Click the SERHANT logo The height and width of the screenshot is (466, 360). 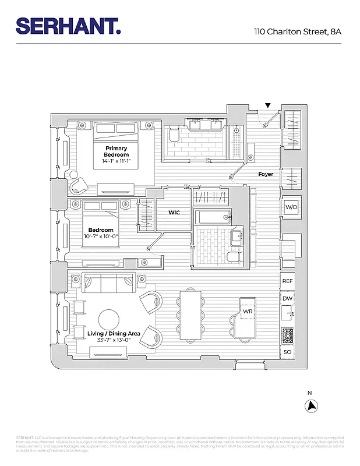tap(68, 26)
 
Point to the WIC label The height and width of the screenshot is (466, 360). tap(174, 213)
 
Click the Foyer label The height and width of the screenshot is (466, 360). tap(266, 174)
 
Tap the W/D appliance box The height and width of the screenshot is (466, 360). tap(290, 207)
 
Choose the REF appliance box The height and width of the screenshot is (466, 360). tap(287, 281)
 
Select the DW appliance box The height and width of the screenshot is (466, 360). tap(287, 299)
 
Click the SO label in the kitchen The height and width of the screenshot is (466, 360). tap(287, 352)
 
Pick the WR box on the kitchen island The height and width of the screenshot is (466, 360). tap(248, 312)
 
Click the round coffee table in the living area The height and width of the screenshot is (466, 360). tap(110, 319)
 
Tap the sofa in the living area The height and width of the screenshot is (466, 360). tap(108, 284)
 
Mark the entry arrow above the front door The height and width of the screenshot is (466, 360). tap(267, 105)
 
